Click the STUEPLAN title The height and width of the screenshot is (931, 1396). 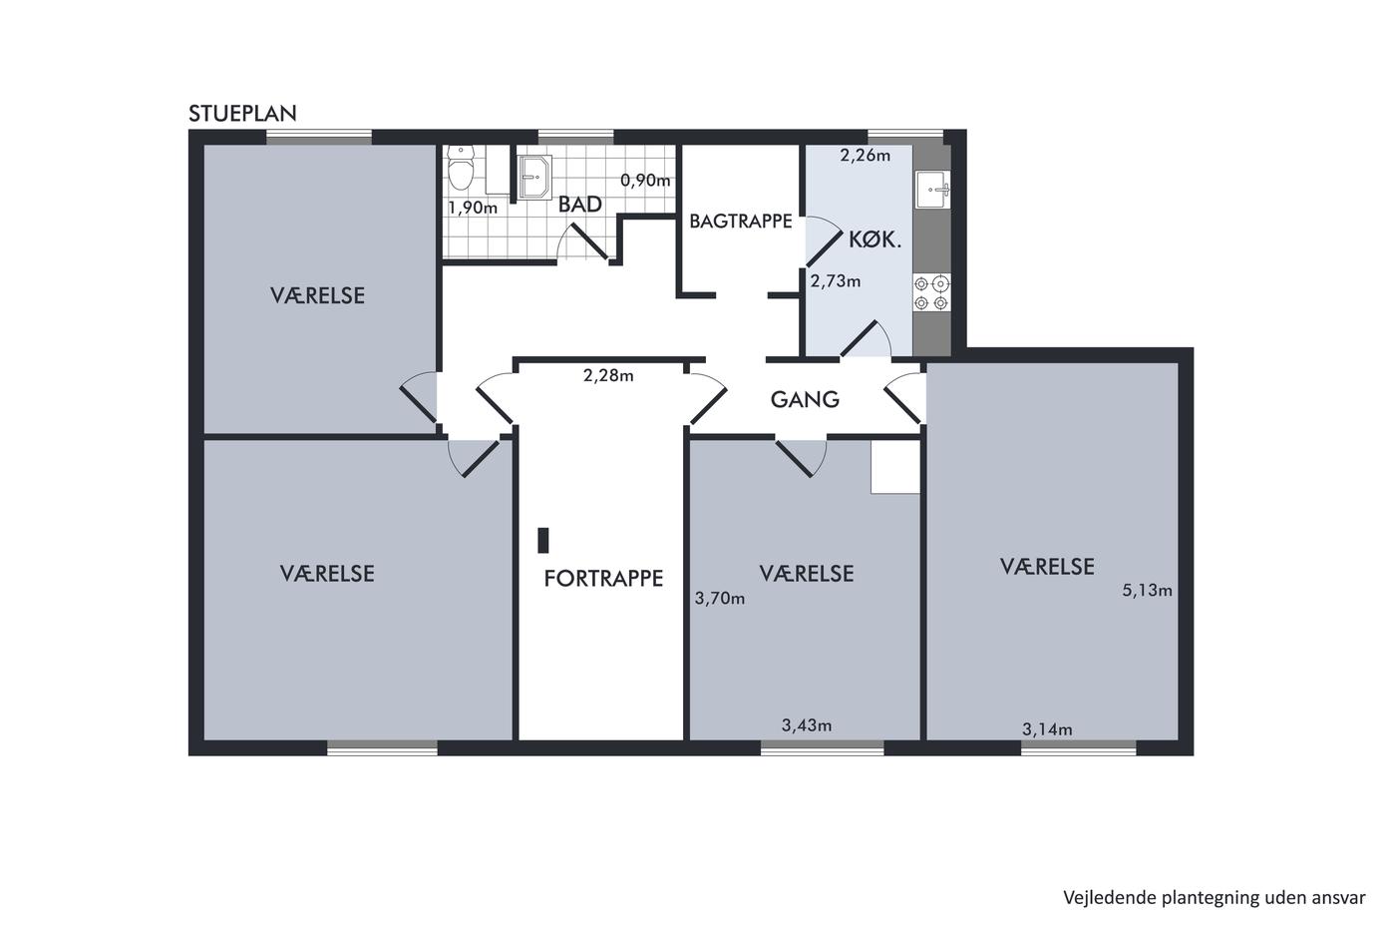pyautogui.click(x=242, y=114)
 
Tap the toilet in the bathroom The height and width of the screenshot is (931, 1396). pyautogui.click(x=461, y=168)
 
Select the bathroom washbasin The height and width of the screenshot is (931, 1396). pyautogui.click(x=534, y=177)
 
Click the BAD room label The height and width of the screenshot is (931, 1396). pyautogui.click(x=579, y=205)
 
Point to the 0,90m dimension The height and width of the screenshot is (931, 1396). pyautogui.click(x=646, y=181)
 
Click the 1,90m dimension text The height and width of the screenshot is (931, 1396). pyautogui.click(x=473, y=208)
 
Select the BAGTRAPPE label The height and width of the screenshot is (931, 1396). pyautogui.click(x=740, y=221)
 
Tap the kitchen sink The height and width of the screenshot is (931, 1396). pyautogui.click(x=933, y=190)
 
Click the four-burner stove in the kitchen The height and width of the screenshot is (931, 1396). pyautogui.click(x=931, y=293)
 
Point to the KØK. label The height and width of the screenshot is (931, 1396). pyautogui.click(x=875, y=240)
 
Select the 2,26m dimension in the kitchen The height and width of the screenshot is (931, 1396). pyautogui.click(x=866, y=156)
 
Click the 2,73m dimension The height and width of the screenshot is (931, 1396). pyautogui.click(x=836, y=281)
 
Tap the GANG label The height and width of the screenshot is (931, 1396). pyautogui.click(x=805, y=399)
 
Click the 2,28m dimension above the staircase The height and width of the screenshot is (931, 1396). pyautogui.click(x=608, y=375)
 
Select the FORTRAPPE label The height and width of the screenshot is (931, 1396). pyautogui.click(x=603, y=579)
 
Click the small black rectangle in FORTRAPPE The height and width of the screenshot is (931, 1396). pyautogui.click(x=543, y=540)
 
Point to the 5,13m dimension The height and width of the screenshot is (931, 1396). pyautogui.click(x=1148, y=590)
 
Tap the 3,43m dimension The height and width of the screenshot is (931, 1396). pyautogui.click(x=807, y=725)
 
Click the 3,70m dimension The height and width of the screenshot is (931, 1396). pyautogui.click(x=720, y=599)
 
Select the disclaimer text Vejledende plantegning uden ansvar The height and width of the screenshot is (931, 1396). pyautogui.click(x=1215, y=898)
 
